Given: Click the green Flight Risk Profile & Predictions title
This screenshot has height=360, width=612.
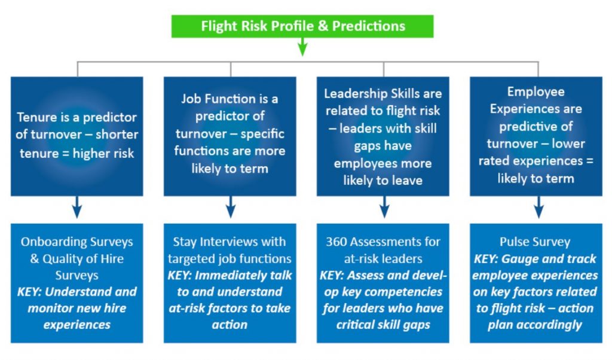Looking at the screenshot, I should (x=302, y=26).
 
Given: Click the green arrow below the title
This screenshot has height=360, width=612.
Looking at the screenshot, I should (x=302, y=47).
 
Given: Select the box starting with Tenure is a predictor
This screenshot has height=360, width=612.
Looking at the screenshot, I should (x=76, y=136).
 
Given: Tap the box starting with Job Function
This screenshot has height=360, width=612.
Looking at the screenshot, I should (x=229, y=136).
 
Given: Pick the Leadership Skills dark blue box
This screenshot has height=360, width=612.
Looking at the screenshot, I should (x=382, y=136).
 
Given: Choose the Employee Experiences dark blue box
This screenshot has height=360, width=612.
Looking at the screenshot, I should (x=535, y=136).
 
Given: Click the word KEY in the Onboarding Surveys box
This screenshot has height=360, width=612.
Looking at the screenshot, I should (x=30, y=292).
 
